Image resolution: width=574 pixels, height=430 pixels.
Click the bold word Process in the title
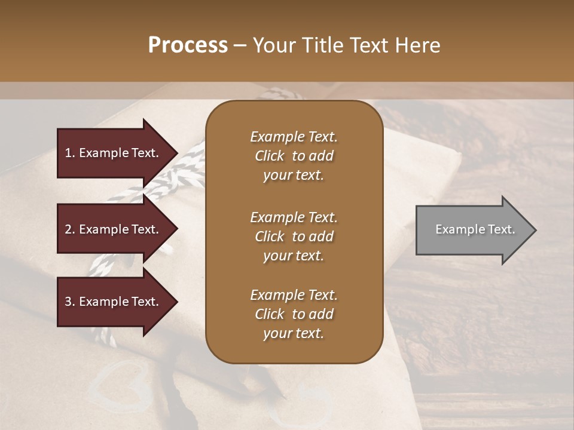pos(188,45)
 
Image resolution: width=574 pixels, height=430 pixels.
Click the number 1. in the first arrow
pos(70,153)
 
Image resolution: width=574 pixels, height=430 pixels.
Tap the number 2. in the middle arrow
pos(70,229)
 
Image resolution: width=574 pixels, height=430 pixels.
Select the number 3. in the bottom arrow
pos(70,302)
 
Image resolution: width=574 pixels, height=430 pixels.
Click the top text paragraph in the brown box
pos(294,156)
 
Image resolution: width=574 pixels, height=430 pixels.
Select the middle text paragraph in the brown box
pos(294,236)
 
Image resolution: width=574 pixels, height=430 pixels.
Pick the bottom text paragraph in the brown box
pos(294,314)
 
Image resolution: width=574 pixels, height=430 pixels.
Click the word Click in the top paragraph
pos(270,156)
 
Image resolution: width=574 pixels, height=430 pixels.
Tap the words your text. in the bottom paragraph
pos(294,333)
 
